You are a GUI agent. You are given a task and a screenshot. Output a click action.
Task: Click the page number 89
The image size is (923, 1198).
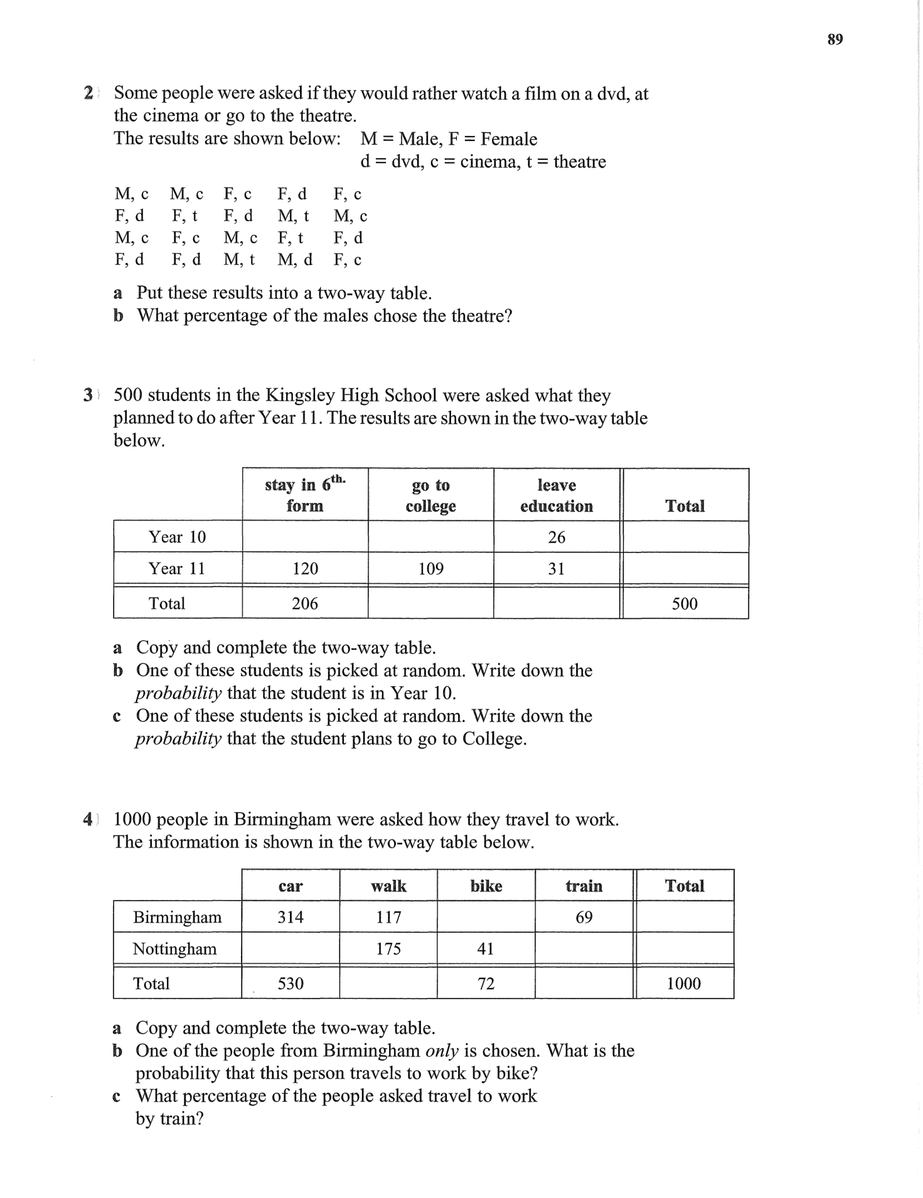[835, 40]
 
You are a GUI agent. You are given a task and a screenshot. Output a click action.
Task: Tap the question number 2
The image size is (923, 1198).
[88, 93]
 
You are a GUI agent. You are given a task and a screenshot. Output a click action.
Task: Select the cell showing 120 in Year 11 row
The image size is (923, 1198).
[305, 569]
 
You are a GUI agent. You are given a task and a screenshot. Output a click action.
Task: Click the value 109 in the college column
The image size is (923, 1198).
[430, 569]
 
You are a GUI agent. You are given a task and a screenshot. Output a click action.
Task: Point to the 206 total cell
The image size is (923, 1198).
[305, 603]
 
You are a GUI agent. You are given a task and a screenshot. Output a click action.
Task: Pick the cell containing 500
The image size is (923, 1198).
[685, 603]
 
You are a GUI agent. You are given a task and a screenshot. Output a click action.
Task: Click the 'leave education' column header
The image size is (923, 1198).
[556, 496]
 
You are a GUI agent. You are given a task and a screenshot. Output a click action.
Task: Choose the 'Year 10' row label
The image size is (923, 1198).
[177, 537]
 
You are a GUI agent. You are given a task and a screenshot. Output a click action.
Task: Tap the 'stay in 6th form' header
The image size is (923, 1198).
[305, 496]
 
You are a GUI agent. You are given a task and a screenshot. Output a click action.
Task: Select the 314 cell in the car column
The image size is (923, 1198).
[291, 917]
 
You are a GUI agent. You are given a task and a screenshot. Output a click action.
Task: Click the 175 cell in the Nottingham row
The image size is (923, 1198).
[388, 948]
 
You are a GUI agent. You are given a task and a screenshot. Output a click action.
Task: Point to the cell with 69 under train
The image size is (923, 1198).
[584, 917]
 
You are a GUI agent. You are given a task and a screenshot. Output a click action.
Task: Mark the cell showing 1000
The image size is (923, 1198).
[684, 983]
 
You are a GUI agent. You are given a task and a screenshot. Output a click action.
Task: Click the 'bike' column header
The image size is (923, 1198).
[486, 886]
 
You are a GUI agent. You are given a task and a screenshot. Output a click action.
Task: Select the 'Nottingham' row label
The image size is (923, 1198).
[174, 948]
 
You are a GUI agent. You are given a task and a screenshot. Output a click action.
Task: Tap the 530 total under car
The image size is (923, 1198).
[291, 983]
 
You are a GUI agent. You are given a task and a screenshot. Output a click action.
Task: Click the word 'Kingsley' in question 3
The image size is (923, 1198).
[300, 396]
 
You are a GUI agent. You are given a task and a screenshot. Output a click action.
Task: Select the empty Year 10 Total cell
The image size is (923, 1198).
[685, 537]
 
